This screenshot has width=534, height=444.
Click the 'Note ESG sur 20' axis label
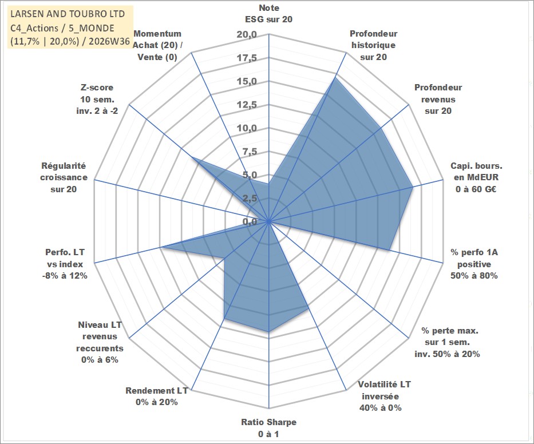point(268,13)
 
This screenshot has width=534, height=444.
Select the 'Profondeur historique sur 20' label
point(374,45)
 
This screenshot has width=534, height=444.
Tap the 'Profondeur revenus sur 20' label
point(438,99)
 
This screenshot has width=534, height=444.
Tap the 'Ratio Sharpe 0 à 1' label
point(268,428)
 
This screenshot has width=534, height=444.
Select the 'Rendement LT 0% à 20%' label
point(157,397)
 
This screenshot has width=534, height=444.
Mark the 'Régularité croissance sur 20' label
point(64,177)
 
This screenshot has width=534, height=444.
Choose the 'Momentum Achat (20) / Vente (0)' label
point(157,45)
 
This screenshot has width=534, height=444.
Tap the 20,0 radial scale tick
point(247,35)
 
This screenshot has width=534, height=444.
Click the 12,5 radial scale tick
point(247,105)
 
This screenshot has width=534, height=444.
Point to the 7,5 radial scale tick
point(250,152)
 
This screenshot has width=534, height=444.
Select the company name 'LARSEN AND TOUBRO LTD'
point(68,14)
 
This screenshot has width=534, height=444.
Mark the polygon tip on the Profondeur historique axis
point(335,78)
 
